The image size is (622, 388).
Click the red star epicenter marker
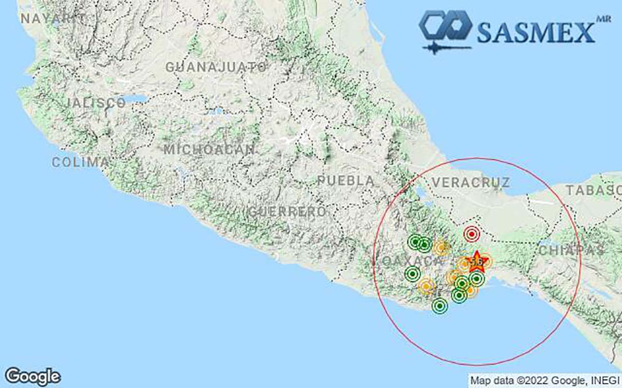click(x=476, y=261)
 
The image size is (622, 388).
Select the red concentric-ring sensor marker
click(x=471, y=234)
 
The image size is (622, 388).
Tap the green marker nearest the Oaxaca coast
click(x=440, y=306)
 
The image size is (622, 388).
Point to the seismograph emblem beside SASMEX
click(x=445, y=31)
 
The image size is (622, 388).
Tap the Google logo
click(x=33, y=376)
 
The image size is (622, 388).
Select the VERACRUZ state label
click(x=471, y=182)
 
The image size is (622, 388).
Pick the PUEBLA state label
click(x=346, y=181)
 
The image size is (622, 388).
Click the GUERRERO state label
click(x=287, y=212)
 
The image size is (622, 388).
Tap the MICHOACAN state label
click(x=209, y=150)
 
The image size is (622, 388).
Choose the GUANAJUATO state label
click(x=216, y=67)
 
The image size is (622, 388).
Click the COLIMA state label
click(x=80, y=162)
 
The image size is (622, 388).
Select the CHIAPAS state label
click(x=572, y=250)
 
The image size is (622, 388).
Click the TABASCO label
click(x=593, y=190)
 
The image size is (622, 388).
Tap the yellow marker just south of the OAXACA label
click(x=426, y=285)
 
